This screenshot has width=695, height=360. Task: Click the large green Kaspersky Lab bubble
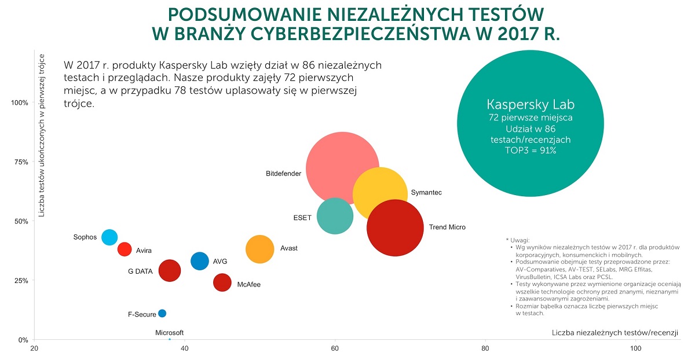pos(531,123)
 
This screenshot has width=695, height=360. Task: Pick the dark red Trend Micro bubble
pos(395,228)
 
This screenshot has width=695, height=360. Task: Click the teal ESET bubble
pos(335,216)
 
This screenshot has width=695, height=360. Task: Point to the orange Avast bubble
pos(259,249)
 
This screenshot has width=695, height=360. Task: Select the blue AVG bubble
pos(199,261)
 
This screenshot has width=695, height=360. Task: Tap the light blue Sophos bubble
pos(109,237)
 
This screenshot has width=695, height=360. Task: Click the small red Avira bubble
pos(125,249)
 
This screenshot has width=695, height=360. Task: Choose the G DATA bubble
pos(169,270)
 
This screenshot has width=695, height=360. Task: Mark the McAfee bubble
pos(222,282)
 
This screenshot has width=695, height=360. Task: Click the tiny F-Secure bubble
pos(162,313)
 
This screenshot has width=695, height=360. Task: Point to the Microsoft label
pos(169,333)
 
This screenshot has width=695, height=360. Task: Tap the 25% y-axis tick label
pos(21,281)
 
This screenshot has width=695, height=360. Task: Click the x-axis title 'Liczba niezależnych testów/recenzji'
pos(614,333)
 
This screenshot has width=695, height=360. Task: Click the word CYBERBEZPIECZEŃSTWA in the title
pos(360,34)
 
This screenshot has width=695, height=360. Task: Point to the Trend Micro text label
pos(447,227)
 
